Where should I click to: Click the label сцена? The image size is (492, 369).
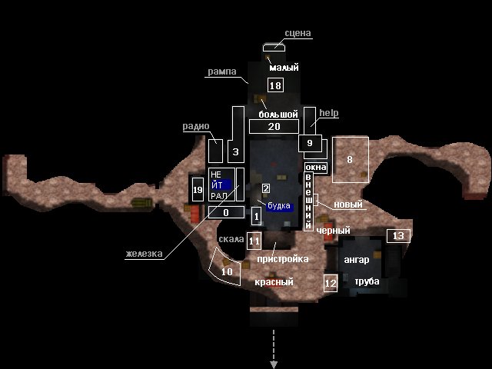click(x=298, y=33)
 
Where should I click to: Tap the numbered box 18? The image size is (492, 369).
click(x=275, y=85)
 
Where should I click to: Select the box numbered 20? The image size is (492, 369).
click(x=274, y=126)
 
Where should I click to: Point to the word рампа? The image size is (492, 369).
click(x=222, y=71)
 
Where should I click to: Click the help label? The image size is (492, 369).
click(x=329, y=113)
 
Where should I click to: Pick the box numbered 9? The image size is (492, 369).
click(x=310, y=143)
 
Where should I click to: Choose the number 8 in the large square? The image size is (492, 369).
click(x=350, y=159)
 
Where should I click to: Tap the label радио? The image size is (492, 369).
click(x=196, y=126)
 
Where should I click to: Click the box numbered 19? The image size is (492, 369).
click(x=198, y=190)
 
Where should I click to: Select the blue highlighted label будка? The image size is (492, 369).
click(x=280, y=206)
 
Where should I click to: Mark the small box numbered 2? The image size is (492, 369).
click(x=266, y=188)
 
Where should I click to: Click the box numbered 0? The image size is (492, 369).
click(x=226, y=212)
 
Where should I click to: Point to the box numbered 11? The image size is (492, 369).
click(x=254, y=241)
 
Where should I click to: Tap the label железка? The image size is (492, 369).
click(x=144, y=254)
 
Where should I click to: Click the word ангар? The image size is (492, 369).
click(x=357, y=260)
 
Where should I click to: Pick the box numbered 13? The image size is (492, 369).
click(x=398, y=236)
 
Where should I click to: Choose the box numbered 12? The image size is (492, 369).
click(x=331, y=283)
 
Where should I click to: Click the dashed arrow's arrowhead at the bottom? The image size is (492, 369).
click(x=274, y=364)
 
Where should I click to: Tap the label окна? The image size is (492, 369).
click(x=316, y=168)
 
